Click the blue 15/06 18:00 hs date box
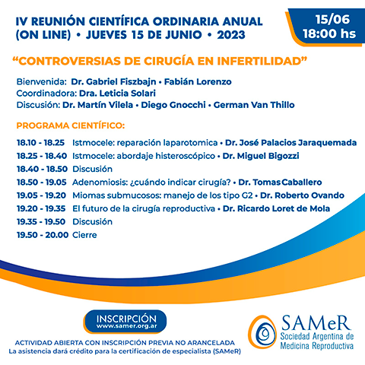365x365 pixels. [x=321, y=25]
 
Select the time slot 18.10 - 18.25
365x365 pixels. [x=40, y=142]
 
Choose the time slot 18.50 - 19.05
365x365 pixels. [x=40, y=182]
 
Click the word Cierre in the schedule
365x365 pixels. [x=85, y=235]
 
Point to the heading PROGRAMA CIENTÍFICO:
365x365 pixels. [x=71, y=124]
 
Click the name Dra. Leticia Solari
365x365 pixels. [x=106, y=92]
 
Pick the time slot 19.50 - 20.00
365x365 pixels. [x=40, y=235]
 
